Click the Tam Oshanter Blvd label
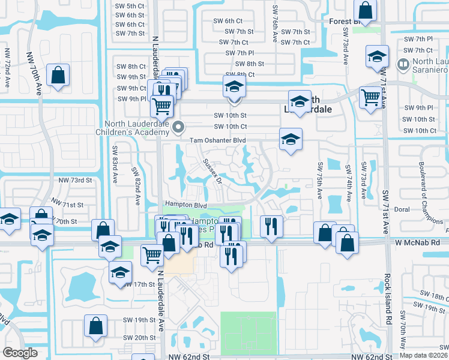click(218, 140)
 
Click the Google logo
click(20, 353)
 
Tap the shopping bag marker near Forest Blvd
click(365, 10)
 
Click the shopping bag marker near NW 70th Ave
click(58, 75)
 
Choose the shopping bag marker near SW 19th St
click(95, 326)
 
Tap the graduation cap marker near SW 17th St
click(120, 272)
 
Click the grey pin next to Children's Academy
click(178, 127)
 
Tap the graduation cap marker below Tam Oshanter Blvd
click(291, 140)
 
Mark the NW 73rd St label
click(75, 180)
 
